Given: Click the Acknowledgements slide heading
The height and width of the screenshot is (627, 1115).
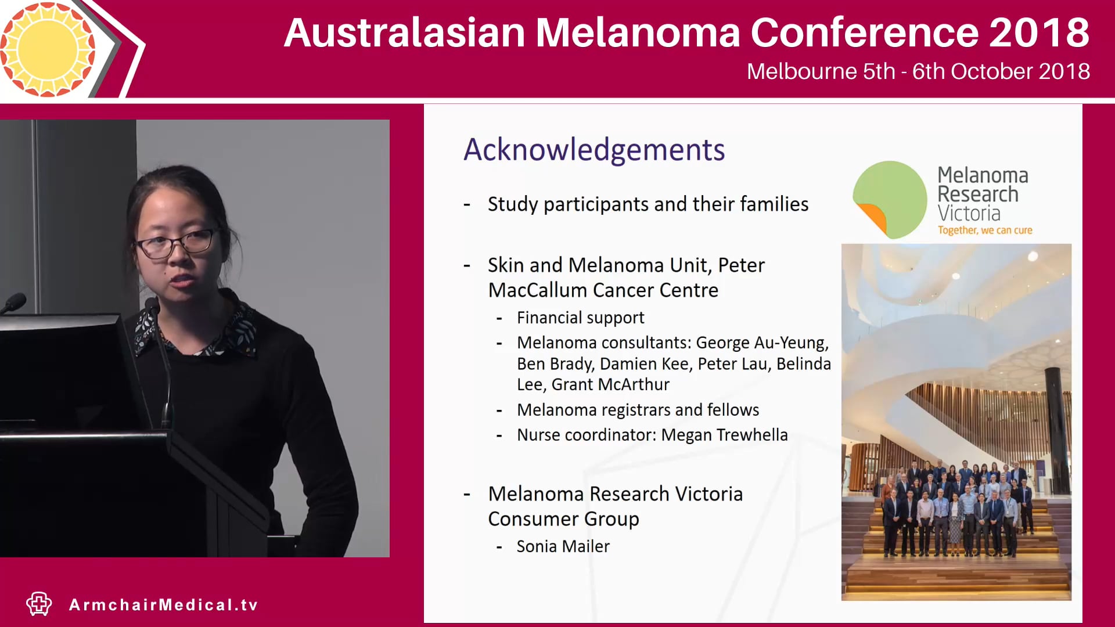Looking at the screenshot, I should pyautogui.click(x=594, y=150).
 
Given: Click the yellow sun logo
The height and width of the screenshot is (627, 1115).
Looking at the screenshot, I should pyautogui.click(x=48, y=49).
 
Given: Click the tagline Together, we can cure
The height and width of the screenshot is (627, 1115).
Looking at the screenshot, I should pyautogui.click(x=984, y=230).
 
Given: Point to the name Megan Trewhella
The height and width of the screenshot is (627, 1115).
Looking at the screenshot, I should pyautogui.click(x=724, y=435).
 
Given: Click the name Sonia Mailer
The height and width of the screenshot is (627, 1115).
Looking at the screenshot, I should pyautogui.click(x=563, y=546).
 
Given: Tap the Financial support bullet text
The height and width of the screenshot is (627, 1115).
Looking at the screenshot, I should pyautogui.click(x=580, y=318).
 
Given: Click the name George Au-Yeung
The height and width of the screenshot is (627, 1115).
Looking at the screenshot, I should pyautogui.click(x=761, y=343).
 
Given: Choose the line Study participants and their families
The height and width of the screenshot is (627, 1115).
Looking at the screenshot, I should pyautogui.click(x=648, y=204).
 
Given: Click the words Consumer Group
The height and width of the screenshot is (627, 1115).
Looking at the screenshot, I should pyautogui.click(x=563, y=518).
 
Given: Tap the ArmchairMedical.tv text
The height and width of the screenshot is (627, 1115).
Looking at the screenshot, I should pyautogui.click(x=163, y=605).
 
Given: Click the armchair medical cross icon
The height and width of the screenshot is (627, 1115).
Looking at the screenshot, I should pyautogui.click(x=39, y=604).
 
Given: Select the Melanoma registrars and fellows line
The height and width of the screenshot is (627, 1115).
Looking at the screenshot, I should pyautogui.click(x=638, y=410).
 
